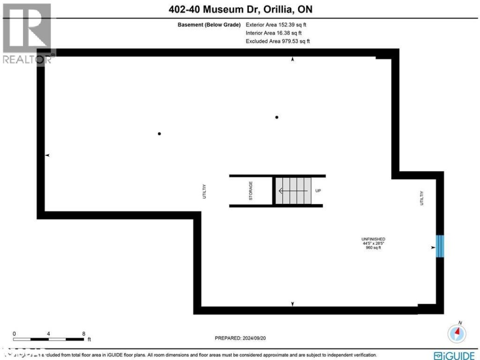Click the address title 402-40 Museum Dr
point(240,9)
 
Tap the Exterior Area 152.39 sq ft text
point(276,25)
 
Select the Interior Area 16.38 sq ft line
point(273,33)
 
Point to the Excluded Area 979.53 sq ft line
point(277,41)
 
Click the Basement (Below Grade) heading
point(209,25)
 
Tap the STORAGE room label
point(251,191)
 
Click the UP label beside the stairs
point(318,191)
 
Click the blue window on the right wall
point(440,246)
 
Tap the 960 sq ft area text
point(373,248)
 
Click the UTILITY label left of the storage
point(204,191)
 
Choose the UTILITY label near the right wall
point(422,198)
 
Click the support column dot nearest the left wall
point(159,133)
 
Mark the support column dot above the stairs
point(277,117)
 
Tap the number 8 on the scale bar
point(83,333)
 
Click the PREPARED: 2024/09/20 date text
point(240,338)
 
